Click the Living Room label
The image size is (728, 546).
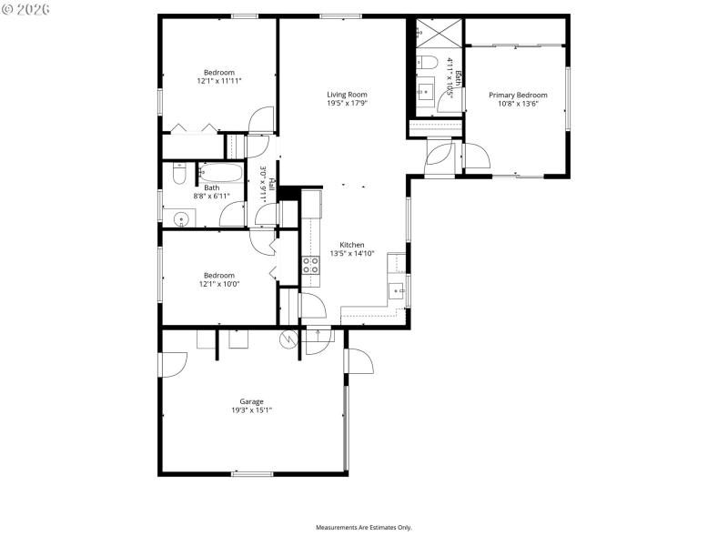click(347, 94)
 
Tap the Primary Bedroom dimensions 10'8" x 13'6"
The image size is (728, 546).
click(518, 104)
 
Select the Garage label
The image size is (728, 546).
click(251, 401)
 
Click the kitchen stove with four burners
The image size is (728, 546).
click(310, 265)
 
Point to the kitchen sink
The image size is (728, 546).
click(397, 290)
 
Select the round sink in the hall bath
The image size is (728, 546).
click(181, 218)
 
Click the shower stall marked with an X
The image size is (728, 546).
click(440, 35)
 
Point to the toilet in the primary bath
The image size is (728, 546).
click(427, 63)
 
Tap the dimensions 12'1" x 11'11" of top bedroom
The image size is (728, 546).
click(218, 81)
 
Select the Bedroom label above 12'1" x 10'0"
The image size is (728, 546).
click(218, 275)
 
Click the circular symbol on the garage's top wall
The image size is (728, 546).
click(288, 338)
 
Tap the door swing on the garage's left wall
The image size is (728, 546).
click(173, 363)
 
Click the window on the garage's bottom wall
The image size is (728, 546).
click(252, 473)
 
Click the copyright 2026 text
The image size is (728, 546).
click(26, 9)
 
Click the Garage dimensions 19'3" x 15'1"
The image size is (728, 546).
click(251, 410)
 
